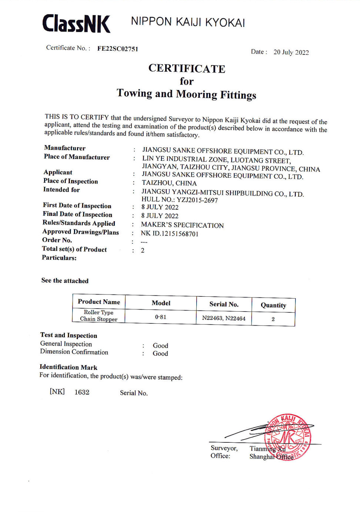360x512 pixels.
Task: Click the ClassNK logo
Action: tap(76, 24)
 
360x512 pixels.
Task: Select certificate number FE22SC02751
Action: tap(117, 49)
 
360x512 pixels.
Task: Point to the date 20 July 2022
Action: tap(291, 52)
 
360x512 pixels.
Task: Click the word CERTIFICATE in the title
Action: tap(187, 69)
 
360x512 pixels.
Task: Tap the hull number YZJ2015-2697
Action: tap(197, 200)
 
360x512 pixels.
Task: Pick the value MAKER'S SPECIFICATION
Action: tap(182, 225)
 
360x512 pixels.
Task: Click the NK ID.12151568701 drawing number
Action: tap(170, 234)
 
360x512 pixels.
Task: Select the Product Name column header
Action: tap(99, 302)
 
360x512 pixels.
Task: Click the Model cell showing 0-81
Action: tap(161, 317)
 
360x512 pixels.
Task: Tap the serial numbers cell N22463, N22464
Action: tap(224, 318)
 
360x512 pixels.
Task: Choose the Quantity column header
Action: tap(273, 305)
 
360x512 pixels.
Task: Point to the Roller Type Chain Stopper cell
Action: tap(99, 316)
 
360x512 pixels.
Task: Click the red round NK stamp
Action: tap(288, 437)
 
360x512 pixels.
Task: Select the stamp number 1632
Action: tap(82, 392)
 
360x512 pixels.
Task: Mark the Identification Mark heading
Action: tap(69, 367)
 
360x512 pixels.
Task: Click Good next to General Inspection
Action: tap(160, 345)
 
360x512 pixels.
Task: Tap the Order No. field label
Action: tap(57, 240)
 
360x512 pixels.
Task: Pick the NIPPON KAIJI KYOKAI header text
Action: tap(188, 22)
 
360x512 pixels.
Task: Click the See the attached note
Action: tap(65, 280)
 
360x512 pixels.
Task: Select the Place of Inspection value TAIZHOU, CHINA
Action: tap(169, 183)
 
